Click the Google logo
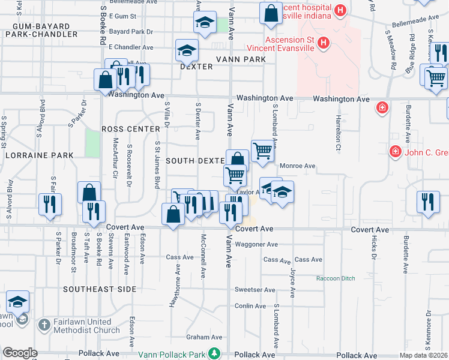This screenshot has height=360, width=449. (20, 353)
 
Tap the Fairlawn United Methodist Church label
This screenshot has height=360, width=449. (82, 326)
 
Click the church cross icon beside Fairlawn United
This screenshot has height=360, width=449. (44, 326)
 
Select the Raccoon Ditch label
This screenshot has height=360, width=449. (336, 279)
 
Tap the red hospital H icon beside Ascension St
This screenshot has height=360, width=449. (324, 43)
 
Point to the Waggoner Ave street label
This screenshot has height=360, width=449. (256, 244)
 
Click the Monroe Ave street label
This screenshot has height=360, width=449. (296, 166)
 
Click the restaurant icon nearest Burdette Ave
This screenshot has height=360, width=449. (427, 202)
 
